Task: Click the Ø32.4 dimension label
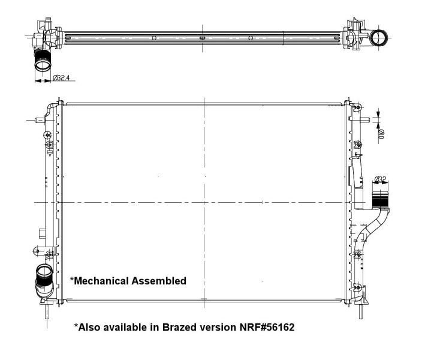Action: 62,78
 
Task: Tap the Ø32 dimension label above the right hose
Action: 379,179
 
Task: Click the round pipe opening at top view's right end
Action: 379,38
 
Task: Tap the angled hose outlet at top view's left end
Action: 43,59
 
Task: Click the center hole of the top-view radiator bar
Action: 202,38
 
